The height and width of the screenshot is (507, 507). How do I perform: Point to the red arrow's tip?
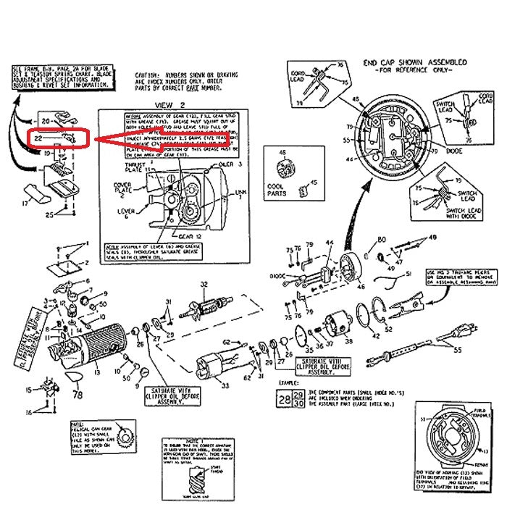(x=97, y=139)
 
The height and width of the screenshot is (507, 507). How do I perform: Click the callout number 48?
(x=433, y=238)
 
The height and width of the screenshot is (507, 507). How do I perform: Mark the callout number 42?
(x=375, y=336)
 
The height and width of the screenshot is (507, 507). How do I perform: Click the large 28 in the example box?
(x=284, y=399)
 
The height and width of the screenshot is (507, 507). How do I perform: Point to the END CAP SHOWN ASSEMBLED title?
(x=415, y=64)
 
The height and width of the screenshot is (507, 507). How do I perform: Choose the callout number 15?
(x=30, y=390)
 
